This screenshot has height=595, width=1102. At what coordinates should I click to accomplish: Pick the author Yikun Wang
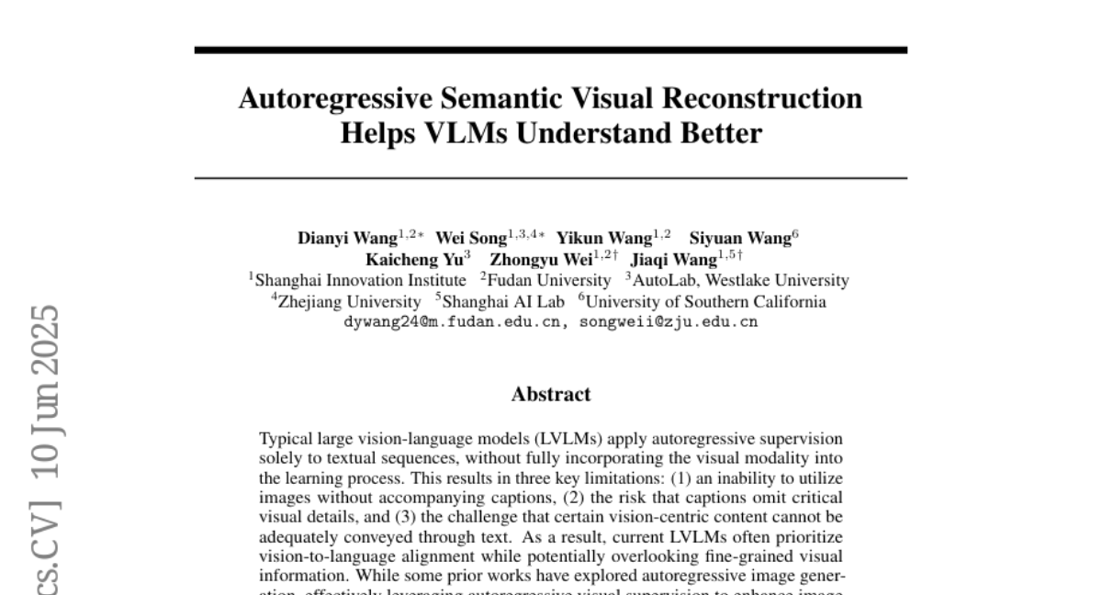(604, 239)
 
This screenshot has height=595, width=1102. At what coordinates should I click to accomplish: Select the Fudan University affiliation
(548, 280)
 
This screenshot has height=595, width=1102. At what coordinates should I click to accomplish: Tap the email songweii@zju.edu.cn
(668, 322)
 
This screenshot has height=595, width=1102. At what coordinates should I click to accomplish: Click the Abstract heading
(551, 395)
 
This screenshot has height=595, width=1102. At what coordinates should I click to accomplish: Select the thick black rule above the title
(551, 51)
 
